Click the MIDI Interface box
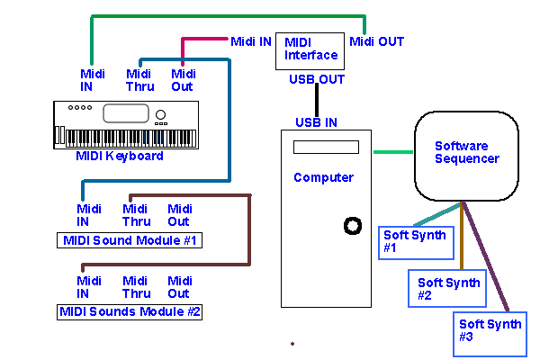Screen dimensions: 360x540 tap(310, 49)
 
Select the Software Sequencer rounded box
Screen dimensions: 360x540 tap(466, 157)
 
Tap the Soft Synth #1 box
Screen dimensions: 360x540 tap(412, 241)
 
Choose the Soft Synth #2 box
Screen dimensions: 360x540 tap(447, 288)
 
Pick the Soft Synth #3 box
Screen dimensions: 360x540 tap(489, 330)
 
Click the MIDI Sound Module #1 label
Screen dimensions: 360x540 tap(130, 240)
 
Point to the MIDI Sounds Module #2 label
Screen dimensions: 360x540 tap(130, 312)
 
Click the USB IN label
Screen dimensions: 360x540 tap(317, 122)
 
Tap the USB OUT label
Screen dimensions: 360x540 tap(317, 79)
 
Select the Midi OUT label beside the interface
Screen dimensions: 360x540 tap(376, 41)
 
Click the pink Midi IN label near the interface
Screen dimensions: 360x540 tap(251, 41)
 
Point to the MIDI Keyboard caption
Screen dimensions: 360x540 tap(120, 156)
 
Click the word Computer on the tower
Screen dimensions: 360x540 tap(323, 177)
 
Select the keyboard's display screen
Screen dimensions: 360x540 tap(125, 113)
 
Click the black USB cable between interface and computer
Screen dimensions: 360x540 tap(317, 101)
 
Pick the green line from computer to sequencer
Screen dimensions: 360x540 tap(393, 151)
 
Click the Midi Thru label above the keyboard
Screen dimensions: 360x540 tap(138, 80)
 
